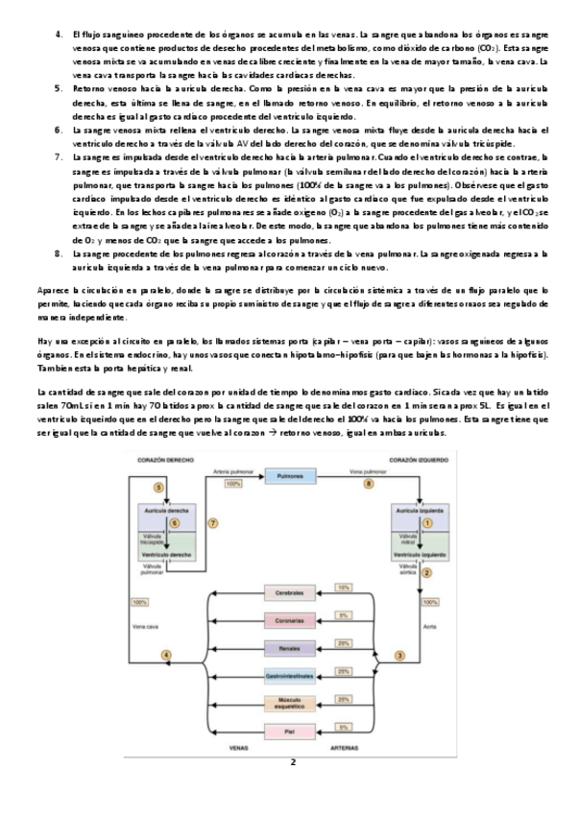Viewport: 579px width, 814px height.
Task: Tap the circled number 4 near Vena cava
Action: [167, 656]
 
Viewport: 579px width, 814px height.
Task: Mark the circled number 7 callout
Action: [213, 522]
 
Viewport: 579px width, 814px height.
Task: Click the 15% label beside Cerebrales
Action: [343, 587]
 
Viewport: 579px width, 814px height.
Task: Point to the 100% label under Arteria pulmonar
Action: [233, 484]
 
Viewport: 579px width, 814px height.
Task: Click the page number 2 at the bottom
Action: [293, 763]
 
